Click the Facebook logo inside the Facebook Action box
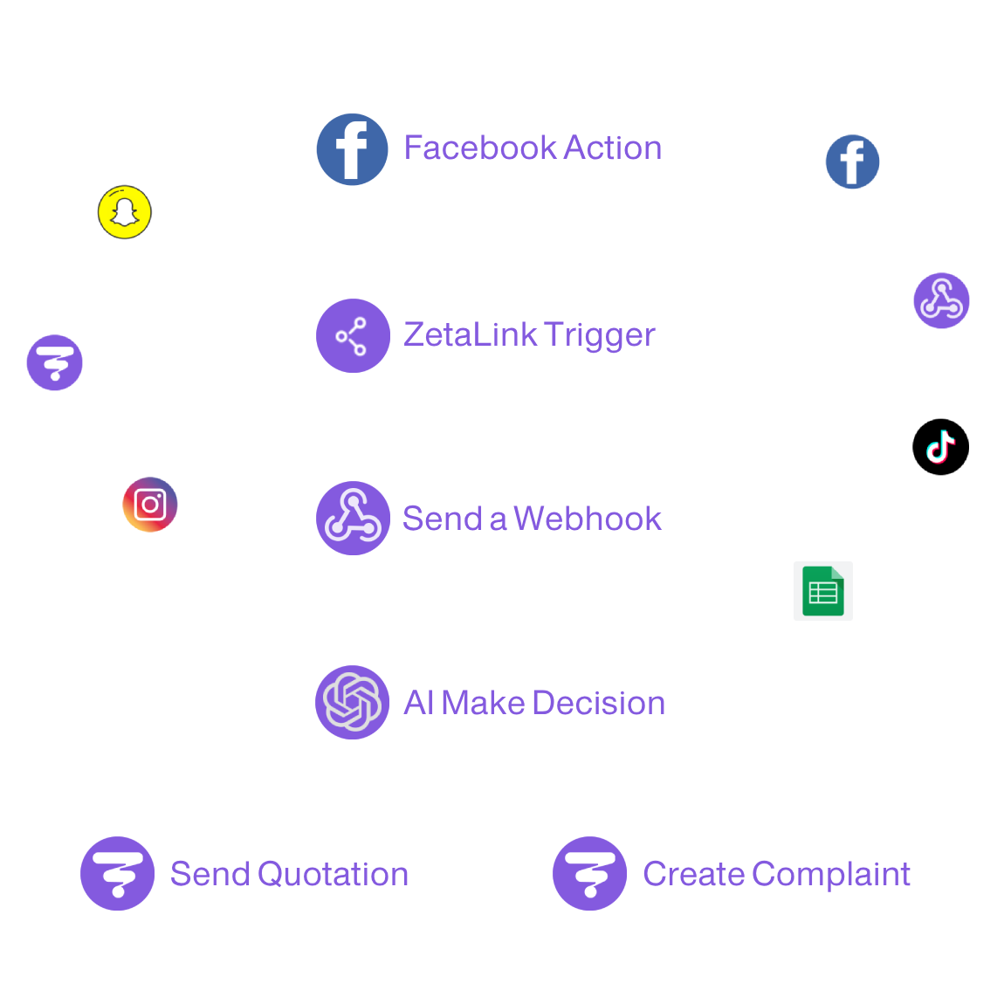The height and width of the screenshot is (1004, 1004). pos(352,149)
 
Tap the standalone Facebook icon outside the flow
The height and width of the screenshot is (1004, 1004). pos(852,162)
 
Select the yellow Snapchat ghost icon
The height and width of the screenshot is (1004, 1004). pos(124,212)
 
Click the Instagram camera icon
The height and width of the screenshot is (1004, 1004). pos(150,505)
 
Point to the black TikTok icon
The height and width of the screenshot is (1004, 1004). pos(940,446)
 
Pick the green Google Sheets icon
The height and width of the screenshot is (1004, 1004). pos(822,591)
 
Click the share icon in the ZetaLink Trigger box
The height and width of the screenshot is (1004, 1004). pos(352,336)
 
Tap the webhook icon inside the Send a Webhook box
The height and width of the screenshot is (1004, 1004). pos(352,518)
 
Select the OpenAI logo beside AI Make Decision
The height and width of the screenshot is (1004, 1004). pos(352,702)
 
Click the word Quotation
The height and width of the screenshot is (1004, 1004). pos(333,874)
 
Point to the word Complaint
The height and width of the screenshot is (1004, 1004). pos(831,874)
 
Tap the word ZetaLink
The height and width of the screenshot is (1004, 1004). pos(470,334)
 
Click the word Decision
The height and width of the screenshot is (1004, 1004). pos(598,703)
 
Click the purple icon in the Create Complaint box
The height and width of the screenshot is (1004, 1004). pos(590,873)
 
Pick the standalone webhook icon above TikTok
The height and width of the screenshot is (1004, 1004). pos(940,299)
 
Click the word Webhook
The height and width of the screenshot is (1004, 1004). pos(588,519)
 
